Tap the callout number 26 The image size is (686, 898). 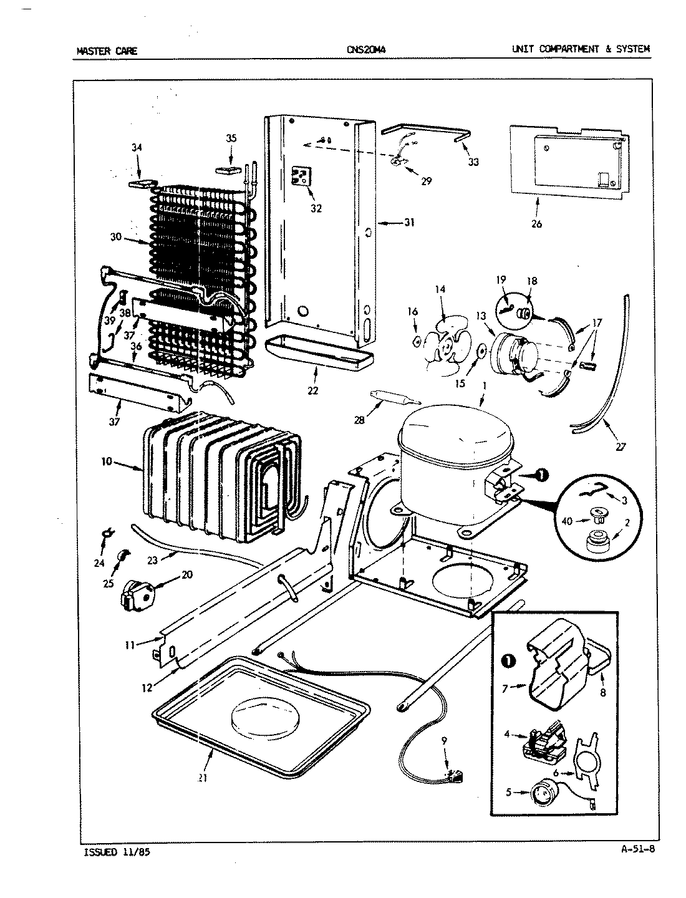click(x=536, y=224)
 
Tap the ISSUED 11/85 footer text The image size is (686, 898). click(x=117, y=852)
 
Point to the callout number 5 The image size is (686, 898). click(x=508, y=792)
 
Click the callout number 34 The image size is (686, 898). click(x=137, y=148)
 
